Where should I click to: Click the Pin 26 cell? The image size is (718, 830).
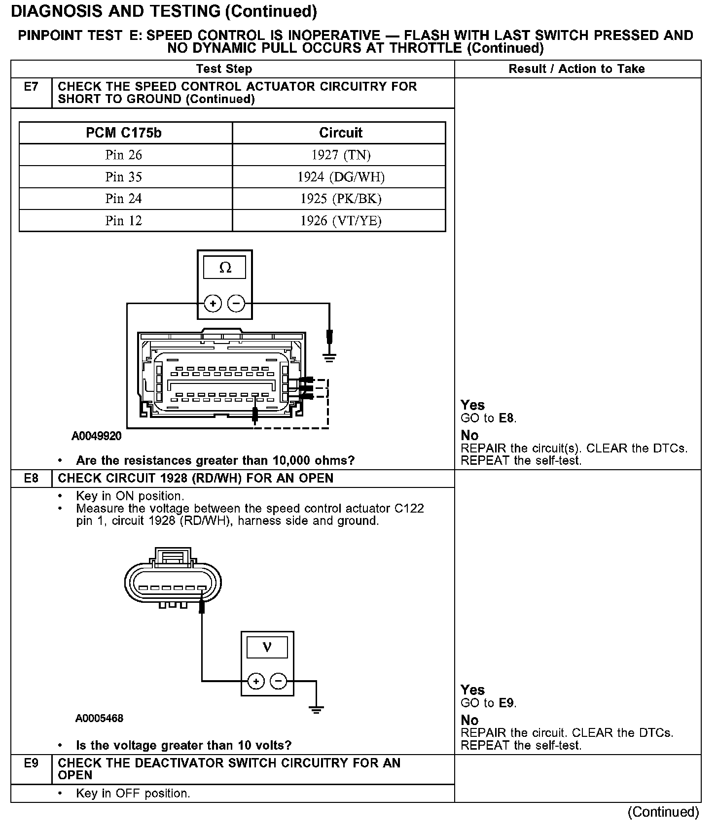click(123, 155)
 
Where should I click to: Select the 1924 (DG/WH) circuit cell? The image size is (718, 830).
click(341, 177)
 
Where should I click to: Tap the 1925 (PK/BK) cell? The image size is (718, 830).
click(341, 199)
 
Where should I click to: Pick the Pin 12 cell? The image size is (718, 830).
click(123, 220)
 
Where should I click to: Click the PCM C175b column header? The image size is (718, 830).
click(123, 133)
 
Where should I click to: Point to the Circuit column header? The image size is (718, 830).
click(341, 133)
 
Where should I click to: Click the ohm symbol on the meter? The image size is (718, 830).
click(225, 268)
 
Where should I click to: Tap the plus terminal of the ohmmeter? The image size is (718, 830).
click(213, 303)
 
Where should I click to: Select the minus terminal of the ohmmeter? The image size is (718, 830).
click(236, 303)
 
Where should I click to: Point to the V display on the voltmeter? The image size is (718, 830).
click(267, 647)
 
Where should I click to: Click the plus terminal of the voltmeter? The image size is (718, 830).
click(255, 681)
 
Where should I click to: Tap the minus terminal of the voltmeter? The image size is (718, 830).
click(279, 681)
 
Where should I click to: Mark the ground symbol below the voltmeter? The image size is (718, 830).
click(316, 710)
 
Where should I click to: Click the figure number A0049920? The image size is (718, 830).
click(97, 436)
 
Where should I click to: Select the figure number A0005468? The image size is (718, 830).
click(99, 718)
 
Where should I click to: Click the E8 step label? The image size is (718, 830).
click(31, 478)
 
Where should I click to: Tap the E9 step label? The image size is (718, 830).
click(31, 763)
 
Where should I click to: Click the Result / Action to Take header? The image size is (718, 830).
click(576, 69)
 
